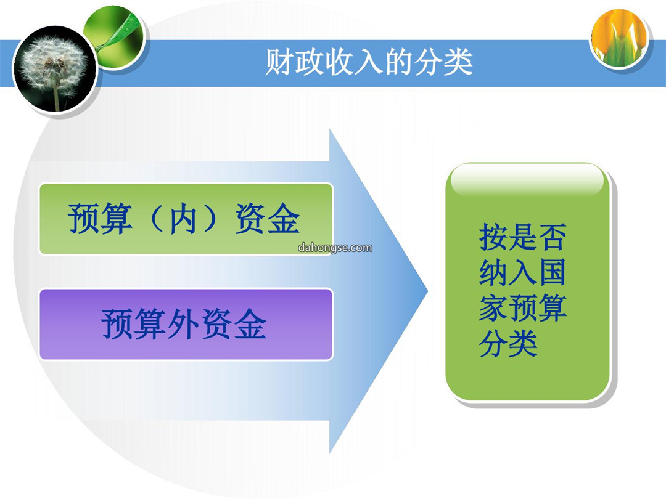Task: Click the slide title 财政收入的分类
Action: click(x=369, y=62)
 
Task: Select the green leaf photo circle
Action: click(x=115, y=38)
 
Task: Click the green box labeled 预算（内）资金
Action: click(x=186, y=219)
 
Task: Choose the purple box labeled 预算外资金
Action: click(x=186, y=324)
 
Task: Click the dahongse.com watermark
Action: click(x=335, y=248)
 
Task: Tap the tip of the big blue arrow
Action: click(x=427, y=291)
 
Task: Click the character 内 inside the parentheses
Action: click(x=183, y=219)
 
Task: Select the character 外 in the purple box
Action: click(x=184, y=324)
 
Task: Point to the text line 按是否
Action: click(x=522, y=237)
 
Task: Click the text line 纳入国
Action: click(x=522, y=272)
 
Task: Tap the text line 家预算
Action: click(x=522, y=307)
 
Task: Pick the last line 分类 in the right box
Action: click(x=508, y=343)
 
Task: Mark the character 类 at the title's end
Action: click(x=458, y=62)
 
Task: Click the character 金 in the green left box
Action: click(x=284, y=219)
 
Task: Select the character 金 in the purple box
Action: click(x=250, y=324)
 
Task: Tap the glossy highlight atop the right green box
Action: click(x=527, y=180)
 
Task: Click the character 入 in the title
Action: click(x=369, y=63)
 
